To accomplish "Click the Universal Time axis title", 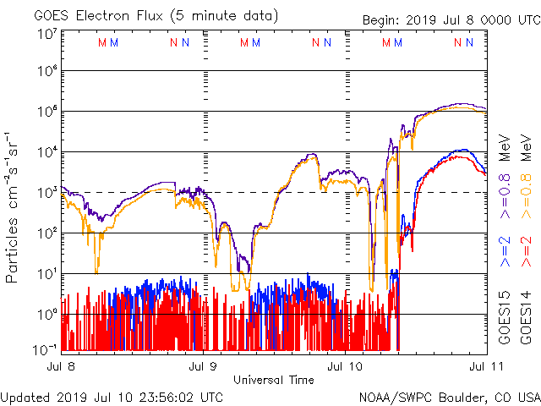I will (274, 380).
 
